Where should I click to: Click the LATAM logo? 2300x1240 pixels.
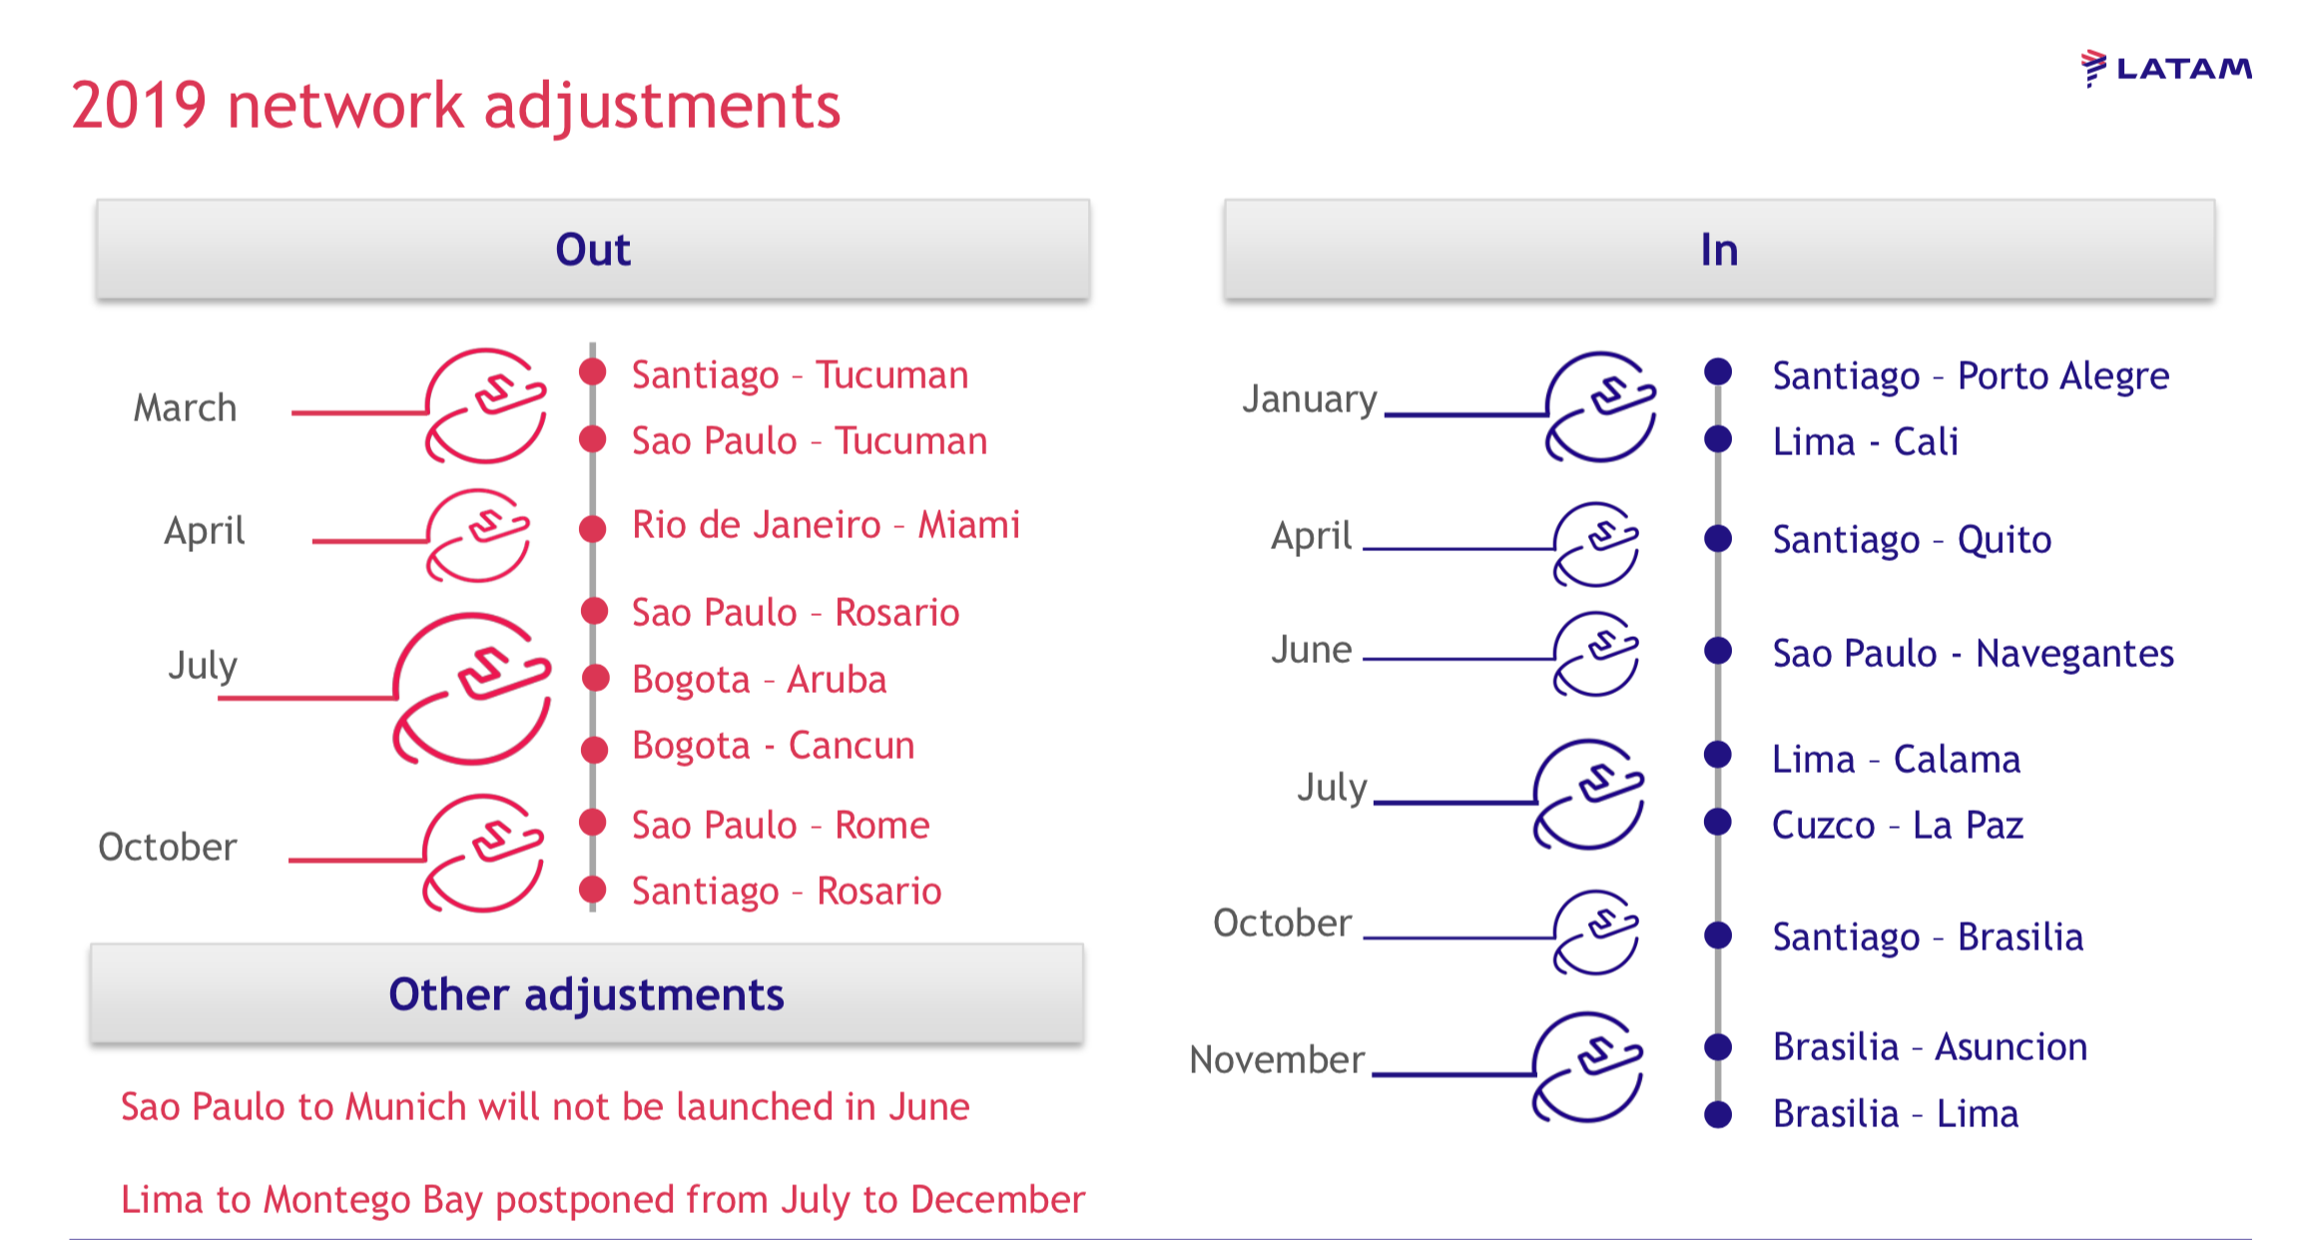(2166, 68)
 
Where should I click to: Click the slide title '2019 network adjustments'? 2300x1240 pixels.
(456, 106)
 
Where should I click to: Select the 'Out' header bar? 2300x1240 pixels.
(593, 250)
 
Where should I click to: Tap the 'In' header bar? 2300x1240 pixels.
(1719, 250)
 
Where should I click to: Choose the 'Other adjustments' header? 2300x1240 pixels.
(587, 994)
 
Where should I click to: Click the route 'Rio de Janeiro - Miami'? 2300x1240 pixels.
(827, 525)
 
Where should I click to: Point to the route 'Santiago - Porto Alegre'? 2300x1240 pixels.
(1971, 377)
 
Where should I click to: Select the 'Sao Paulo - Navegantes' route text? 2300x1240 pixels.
(1973, 654)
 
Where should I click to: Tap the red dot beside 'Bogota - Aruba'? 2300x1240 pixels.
(595, 678)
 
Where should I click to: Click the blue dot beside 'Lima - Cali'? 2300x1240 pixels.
(1718, 438)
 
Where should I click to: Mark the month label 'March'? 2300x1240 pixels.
(186, 408)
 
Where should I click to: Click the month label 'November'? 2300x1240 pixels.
(1277, 1059)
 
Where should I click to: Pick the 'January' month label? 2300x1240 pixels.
(1310, 400)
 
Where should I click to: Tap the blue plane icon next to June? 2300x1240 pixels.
(1596, 654)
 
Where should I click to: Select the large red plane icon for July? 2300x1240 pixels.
(472, 689)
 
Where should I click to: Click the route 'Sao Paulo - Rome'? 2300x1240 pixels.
(781, 826)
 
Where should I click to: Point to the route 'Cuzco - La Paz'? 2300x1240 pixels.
(1898, 826)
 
